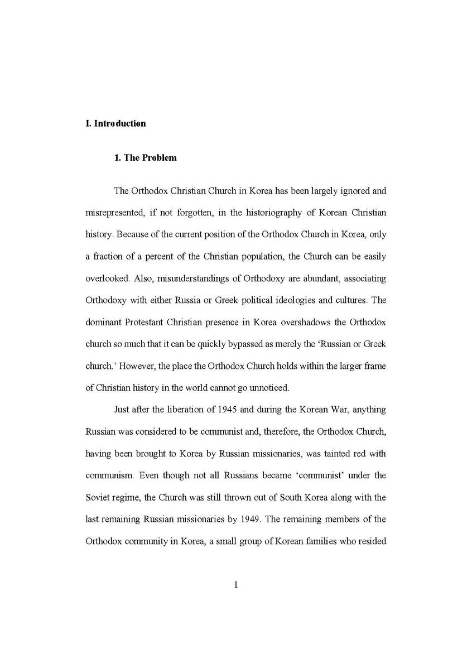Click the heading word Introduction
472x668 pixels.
click(x=120, y=123)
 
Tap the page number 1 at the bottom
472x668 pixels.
click(x=236, y=585)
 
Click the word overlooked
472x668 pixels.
click(x=108, y=278)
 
